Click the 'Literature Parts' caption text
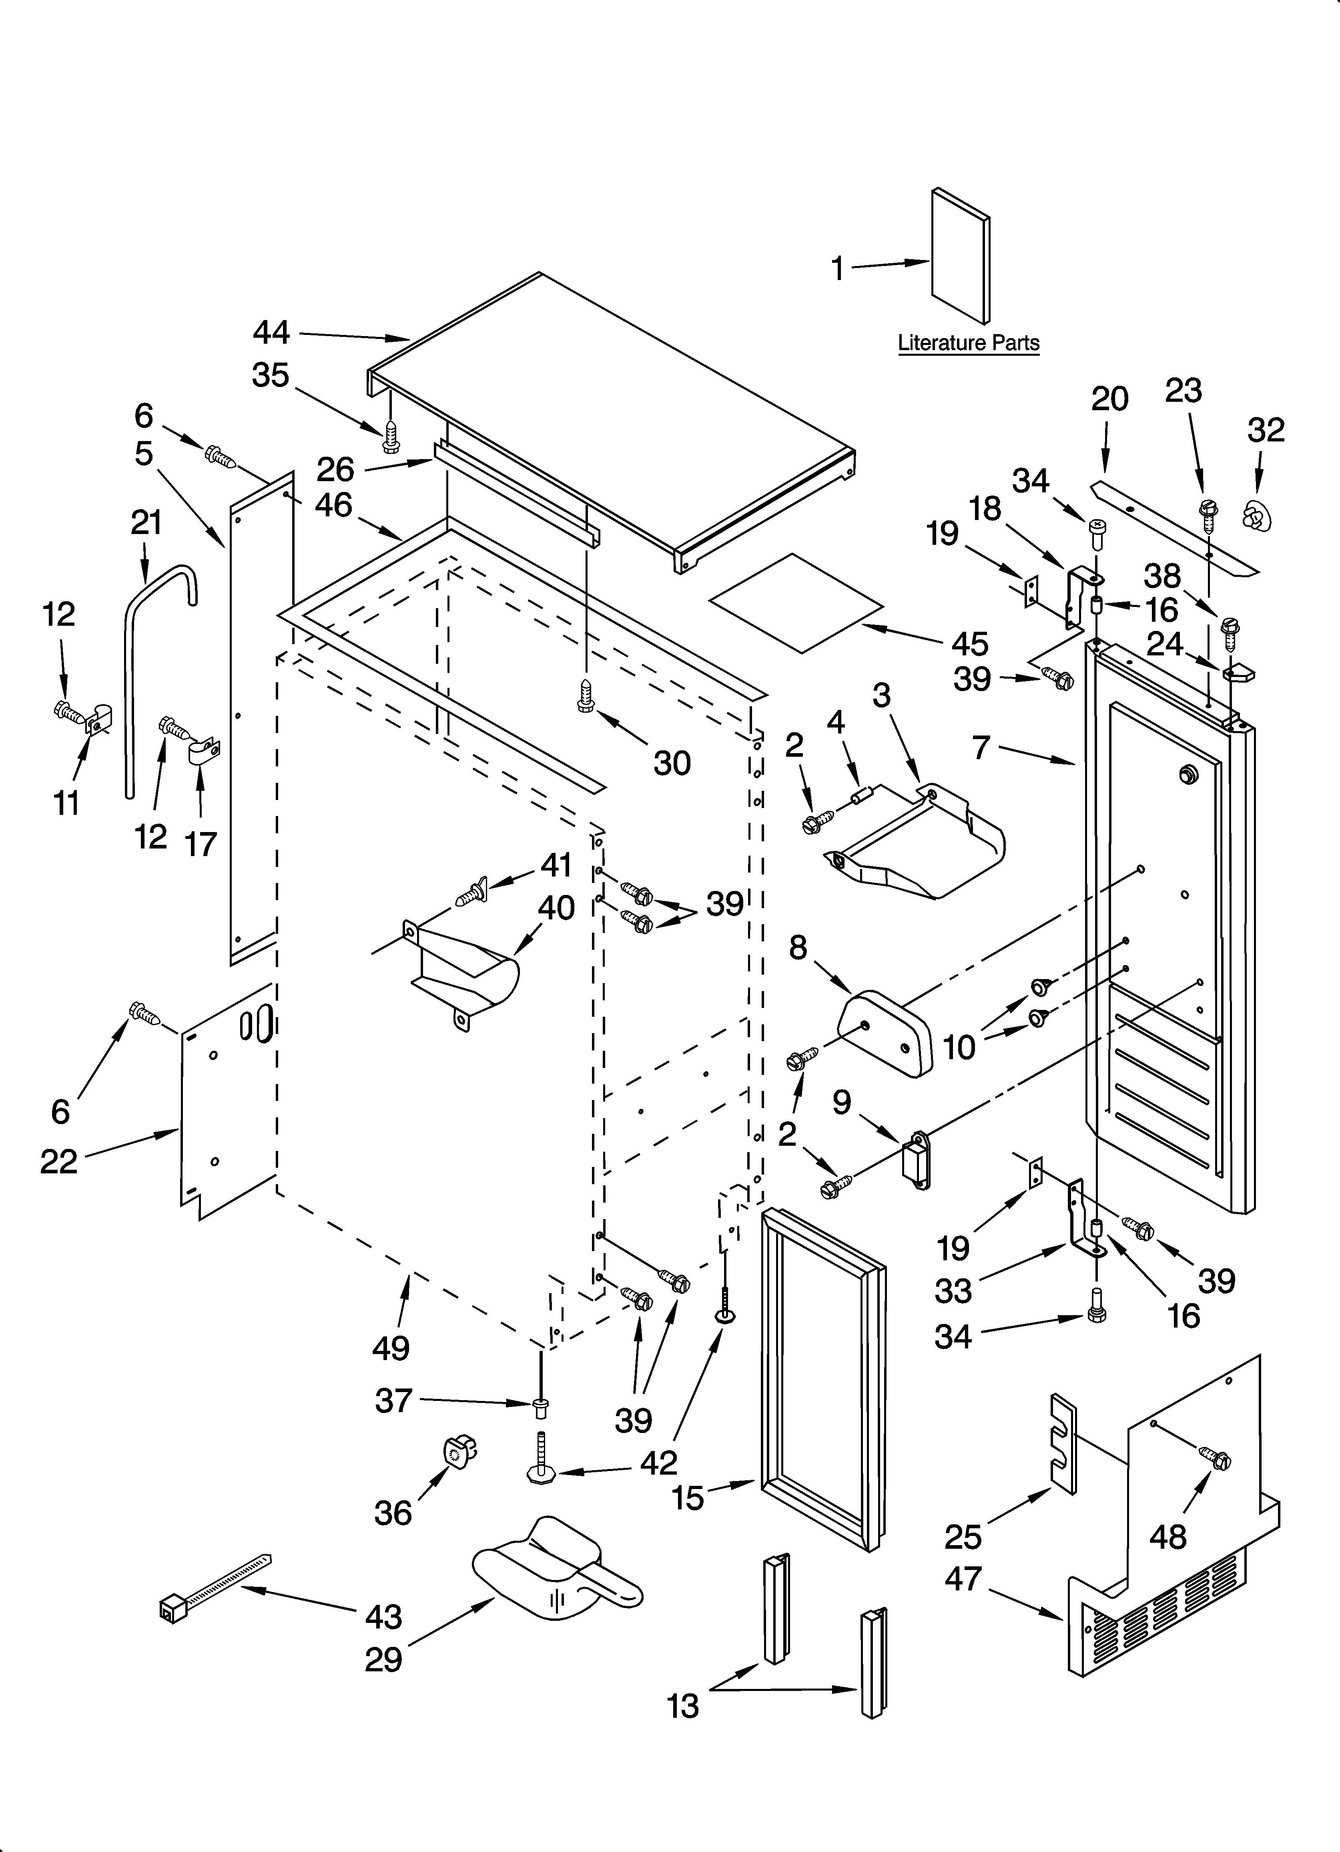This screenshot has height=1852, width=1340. [x=969, y=343]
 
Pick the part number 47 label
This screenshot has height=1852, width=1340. [x=963, y=1578]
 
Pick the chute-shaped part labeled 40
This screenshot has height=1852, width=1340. [x=465, y=972]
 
